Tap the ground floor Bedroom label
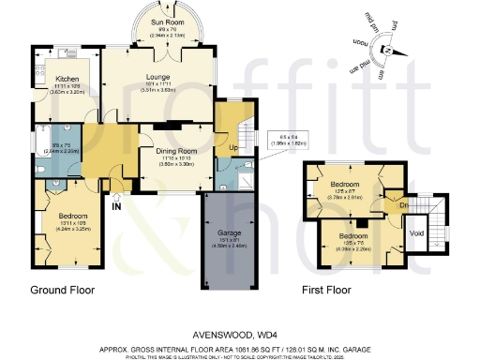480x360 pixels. [x=60, y=215]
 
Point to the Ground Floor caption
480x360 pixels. [x=63, y=291]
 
